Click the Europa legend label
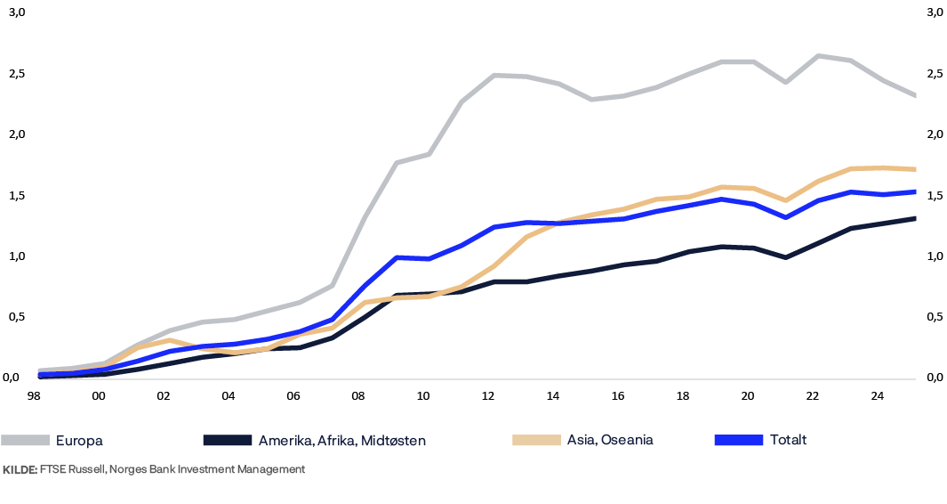[79, 440]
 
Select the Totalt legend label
[788, 440]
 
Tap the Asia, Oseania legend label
[610, 440]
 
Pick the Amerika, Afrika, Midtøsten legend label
[342, 440]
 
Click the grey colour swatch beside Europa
[25, 440]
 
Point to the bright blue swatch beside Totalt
[739, 440]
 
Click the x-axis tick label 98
[34, 395]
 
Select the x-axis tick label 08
[358, 395]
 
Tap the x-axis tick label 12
[488, 395]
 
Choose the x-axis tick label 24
[877, 395]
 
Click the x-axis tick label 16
[618, 395]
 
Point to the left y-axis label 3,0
[16, 12]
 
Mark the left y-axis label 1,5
[16, 195]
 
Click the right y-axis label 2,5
[934, 73]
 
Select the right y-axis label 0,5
[934, 316]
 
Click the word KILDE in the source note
[19, 469]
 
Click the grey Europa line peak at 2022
[816, 55]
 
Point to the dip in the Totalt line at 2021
[784, 217]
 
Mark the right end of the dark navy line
[916, 218]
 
